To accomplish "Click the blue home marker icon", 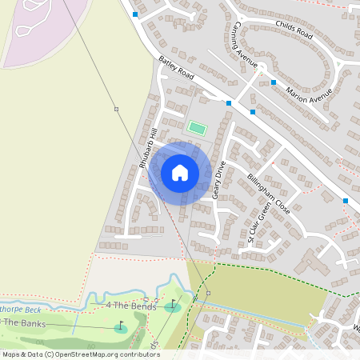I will (x=180, y=172).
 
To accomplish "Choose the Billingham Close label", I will (x=268, y=193).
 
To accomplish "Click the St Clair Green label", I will (x=262, y=223).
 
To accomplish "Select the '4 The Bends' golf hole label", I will (x=129, y=306).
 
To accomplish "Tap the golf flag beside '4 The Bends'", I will (x=172, y=305).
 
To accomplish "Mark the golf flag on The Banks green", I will (x=121, y=327).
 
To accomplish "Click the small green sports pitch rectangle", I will (x=196, y=127).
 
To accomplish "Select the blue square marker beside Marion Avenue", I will (x=274, y=82).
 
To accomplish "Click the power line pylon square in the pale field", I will (x=116, y=108).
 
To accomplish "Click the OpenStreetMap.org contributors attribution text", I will (x=104, y=354).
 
